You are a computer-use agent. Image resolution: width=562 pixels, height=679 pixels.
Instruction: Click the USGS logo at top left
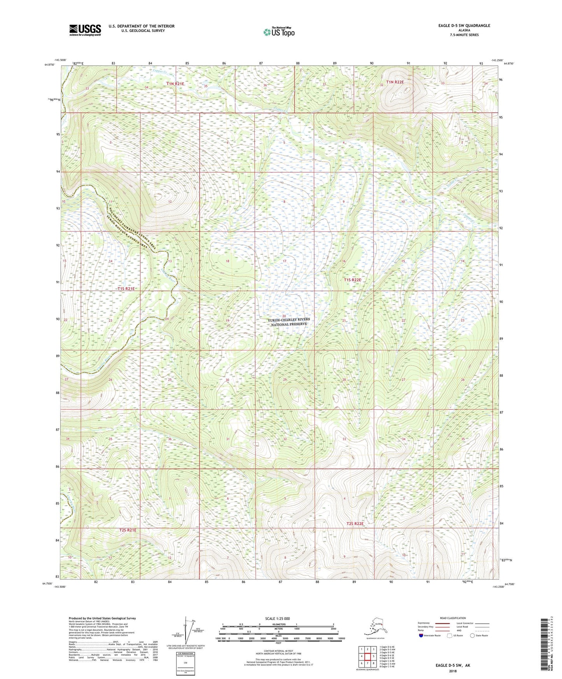[85, 30]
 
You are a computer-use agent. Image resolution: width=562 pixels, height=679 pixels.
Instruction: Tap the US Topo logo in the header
[278, 32]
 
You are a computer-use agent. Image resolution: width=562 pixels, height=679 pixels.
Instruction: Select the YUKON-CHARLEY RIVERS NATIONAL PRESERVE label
[289, 322]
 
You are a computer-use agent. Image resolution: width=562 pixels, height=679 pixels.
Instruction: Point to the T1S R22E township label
[352, 280]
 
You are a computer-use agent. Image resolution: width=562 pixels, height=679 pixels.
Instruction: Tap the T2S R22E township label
[355, 524]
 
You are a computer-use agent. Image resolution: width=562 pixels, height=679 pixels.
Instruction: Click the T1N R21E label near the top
[175, 84]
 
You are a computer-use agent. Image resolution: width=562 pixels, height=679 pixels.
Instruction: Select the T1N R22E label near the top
[395, 82]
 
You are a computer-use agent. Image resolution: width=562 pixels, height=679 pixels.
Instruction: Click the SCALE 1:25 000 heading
[278, 618]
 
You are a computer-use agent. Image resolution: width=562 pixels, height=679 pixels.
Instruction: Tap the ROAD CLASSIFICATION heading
[453, 618]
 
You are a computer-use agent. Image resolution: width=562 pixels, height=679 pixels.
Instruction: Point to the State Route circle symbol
[473, 635]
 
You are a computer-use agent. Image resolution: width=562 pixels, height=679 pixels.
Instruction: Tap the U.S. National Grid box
[185, 663]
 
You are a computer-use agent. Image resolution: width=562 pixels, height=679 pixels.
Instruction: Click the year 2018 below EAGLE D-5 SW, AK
[453, 671]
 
